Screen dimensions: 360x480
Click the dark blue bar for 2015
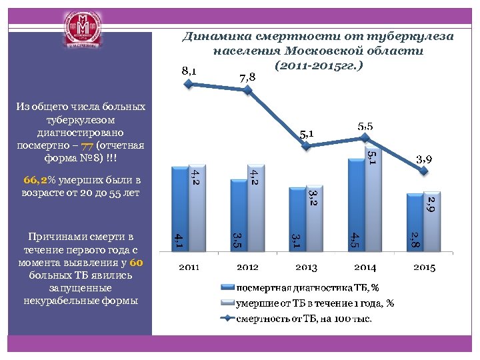click(x=411, y=225)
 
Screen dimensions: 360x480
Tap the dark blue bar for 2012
click(x=235, y=209)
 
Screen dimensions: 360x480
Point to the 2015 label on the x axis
click(x=424, y=267)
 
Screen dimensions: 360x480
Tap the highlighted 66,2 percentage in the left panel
click(x=35, y=180)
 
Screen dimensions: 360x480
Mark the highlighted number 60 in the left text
click(x=137, y=263)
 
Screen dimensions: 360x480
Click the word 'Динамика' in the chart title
click(x=215, y=36)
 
